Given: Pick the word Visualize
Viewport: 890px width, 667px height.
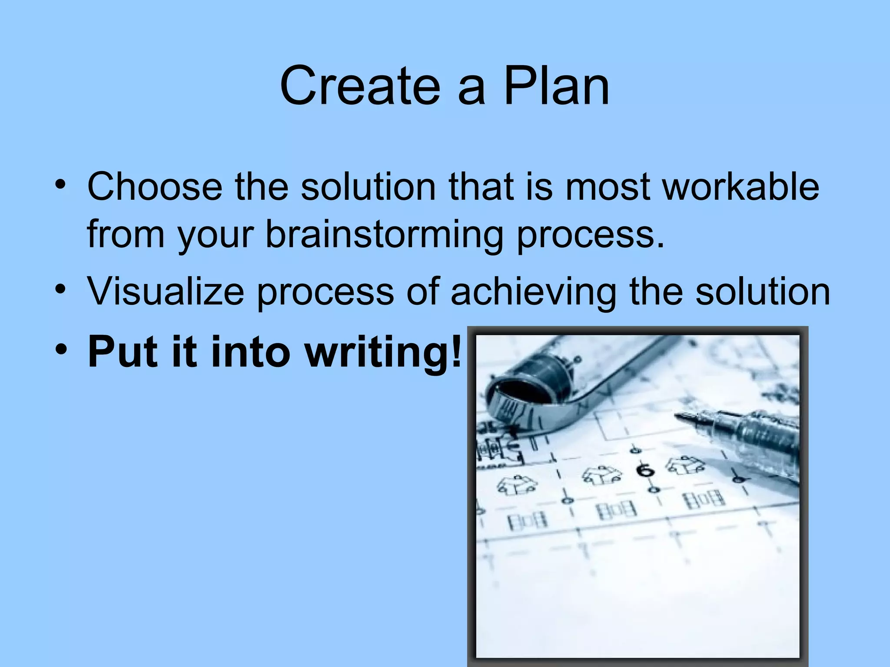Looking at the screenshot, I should [166, 291].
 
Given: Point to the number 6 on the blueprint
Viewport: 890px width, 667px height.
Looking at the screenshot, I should [645, 471].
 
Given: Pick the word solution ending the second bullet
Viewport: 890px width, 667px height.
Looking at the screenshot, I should [763, 291].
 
